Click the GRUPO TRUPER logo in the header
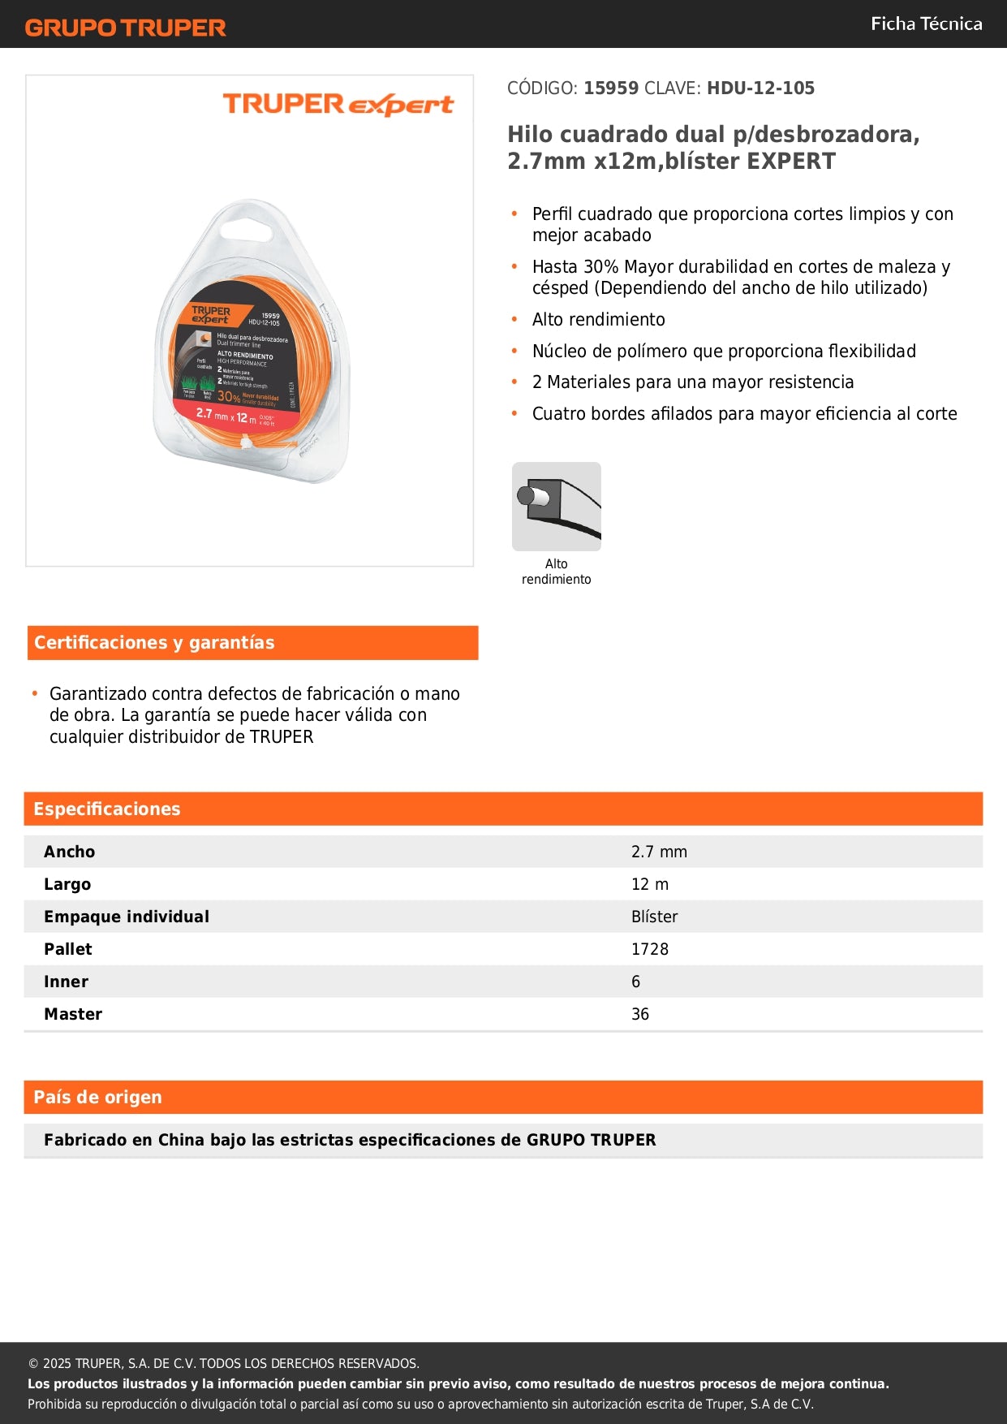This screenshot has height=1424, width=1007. click(x=125, y=28)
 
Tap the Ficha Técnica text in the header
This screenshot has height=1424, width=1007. click(x=926, y=24)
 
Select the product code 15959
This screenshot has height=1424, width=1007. click(x=611, y=88)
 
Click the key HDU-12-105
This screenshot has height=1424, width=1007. click(x=760, y=88)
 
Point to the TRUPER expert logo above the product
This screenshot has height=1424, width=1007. click(x=338, y=105)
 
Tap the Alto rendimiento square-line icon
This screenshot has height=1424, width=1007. click(x=557, y=507)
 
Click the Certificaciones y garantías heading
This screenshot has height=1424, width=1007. click(x=154, y=643)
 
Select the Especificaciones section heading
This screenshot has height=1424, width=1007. click(x=107, y=809)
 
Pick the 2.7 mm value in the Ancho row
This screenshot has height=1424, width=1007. click(x=659, y=852)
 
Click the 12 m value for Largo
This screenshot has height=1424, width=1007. click(x=650, y=884)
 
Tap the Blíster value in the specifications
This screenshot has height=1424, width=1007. click(x=654, y=917)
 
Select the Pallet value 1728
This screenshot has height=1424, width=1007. click(x=650, y=949)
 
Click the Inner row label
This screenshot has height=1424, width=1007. click(x=67, y=982)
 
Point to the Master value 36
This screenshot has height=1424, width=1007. click(x=640, y=1014)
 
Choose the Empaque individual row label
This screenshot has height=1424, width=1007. click(x=127, y=917)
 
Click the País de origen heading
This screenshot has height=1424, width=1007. click(x=97, y=1098)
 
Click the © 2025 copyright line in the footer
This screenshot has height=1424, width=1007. click(x=223, y=1364)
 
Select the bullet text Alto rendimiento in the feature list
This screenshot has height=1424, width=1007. click(x=598, y=320)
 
